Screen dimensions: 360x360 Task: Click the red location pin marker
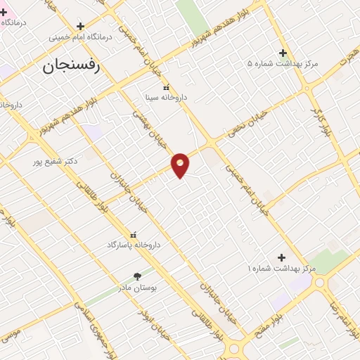pyautogui.click(x=181, y=164)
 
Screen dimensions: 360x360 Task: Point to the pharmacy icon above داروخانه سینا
pyautogui.click(x=167, y=88)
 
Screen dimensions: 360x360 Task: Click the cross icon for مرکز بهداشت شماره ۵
pyautogui.click(x=283, y=53)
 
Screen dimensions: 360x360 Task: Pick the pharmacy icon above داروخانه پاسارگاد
pyautogui.click(x=134, y=234)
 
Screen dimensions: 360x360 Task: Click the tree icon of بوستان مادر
pyautogui.click(x=137, y=277)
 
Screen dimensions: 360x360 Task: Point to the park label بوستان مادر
pyautogui.click(x=154, y=288)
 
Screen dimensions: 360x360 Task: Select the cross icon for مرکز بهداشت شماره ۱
pyautogui.click(x=282, y=257)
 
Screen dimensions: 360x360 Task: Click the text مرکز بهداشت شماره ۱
pyautogui.click(x=281, y=269)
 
